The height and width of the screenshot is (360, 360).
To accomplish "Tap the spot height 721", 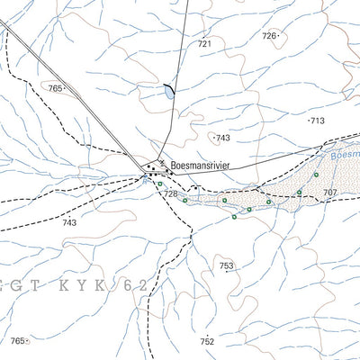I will point(204,43).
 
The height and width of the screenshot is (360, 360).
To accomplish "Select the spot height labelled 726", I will point(268,35).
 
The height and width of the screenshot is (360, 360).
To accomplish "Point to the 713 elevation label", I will point(316,120).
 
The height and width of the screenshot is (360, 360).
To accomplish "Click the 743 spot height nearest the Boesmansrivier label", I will point(222,138).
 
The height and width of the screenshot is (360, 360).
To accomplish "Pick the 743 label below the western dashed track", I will point(69,222).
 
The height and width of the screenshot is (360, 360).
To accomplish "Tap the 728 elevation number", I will point(170,194).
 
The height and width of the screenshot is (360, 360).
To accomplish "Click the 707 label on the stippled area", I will point(329,193).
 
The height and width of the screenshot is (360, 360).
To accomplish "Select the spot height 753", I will point(226,265).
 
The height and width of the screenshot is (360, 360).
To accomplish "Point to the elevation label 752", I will point(208,341).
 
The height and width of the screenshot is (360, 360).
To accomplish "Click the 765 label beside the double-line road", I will point(57,88).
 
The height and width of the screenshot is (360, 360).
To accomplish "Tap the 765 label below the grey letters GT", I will point(17,340).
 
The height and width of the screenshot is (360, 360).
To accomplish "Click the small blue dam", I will point(167,93).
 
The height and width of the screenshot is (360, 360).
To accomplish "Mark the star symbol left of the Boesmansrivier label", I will point(161,163).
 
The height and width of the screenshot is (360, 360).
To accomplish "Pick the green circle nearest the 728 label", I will point(160,184).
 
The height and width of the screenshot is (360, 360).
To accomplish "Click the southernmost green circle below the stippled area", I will point(234,217).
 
